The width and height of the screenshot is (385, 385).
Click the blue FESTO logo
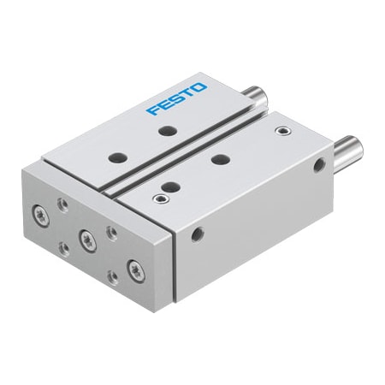coord(176,98)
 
